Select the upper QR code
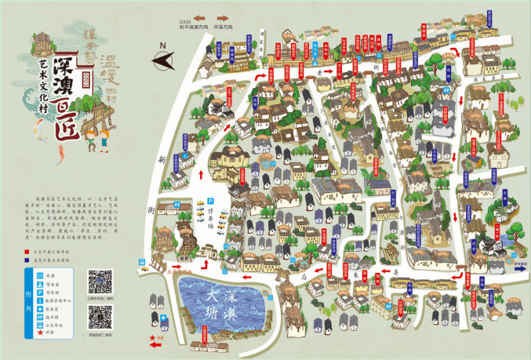coord(100,281)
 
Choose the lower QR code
coord(100,317)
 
